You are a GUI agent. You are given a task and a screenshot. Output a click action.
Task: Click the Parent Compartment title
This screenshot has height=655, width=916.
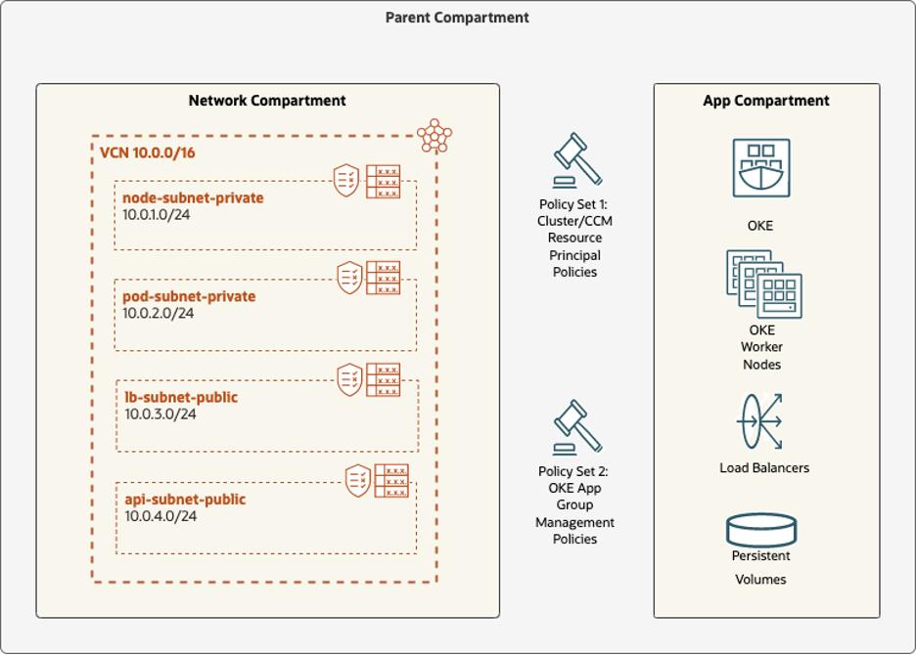[x=457, y=18]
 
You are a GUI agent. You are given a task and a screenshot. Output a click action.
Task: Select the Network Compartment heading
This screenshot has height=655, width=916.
[x=267, y=101]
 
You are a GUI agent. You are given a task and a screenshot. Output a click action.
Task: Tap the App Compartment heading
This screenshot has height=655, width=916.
[x=766, y=101]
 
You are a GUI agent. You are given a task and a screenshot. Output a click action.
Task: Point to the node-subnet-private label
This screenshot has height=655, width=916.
[x=193, y=198]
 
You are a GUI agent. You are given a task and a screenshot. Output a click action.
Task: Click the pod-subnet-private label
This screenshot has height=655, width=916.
[x=189, y=296]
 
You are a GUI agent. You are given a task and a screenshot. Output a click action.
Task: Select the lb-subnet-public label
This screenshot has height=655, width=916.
[x=180, y=397]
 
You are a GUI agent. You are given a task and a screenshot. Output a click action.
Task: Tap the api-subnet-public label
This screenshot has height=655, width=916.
[x=184, y=500]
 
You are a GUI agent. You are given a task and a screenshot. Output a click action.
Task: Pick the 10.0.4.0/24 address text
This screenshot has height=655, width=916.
[x=160, y=516]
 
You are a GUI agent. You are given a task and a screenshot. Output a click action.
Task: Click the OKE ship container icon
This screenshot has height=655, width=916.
[x=761, y=168]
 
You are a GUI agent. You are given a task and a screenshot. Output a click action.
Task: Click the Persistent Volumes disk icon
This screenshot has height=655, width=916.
[x=761, y=530]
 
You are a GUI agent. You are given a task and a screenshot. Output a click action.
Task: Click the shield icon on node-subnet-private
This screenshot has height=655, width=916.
[x=346, y=181]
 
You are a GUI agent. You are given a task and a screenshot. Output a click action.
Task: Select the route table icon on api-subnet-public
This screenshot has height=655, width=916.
[x=391, y=480]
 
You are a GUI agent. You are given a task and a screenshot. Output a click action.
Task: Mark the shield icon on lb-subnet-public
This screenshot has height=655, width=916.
[x=349, y=379]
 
